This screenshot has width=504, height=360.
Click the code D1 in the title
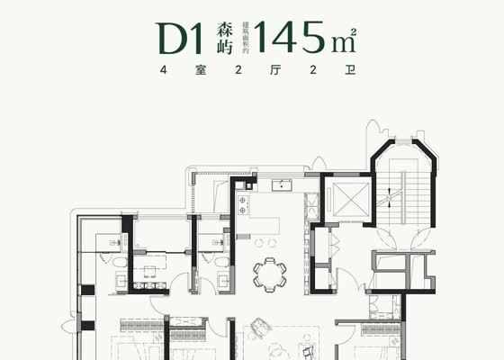(x=181, y=38)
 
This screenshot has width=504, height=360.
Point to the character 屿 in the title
(x=225, y=48)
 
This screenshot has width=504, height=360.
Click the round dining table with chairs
(x=269, y=272)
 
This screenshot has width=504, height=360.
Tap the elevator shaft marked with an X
(x=346, y=196)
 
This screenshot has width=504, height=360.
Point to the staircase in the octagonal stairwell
(x=402, y=193)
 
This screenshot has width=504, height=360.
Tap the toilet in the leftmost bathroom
(x=119, y=259)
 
